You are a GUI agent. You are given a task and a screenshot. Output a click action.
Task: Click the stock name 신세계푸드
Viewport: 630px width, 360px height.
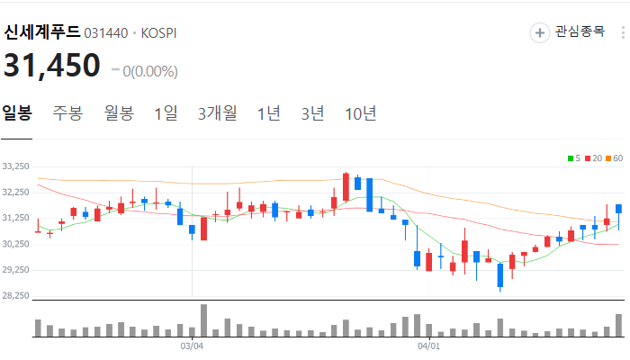pos(41,32)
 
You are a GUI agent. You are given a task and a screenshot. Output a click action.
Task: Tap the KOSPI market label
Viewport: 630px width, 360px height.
pos(157,32)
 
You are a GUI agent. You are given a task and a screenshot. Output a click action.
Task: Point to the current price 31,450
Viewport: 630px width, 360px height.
pos(52,67)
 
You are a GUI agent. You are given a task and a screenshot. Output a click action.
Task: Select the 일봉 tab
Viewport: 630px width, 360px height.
pos(17,113)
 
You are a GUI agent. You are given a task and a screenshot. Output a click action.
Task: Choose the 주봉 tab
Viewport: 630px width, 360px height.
pos(67,113)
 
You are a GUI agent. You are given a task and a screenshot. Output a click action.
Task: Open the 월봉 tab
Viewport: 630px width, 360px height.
pos(119,113)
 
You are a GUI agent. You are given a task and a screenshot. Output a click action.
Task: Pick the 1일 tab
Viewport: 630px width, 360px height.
pos(166,113)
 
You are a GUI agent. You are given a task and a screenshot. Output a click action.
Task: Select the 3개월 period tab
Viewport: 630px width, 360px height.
pos(218,113)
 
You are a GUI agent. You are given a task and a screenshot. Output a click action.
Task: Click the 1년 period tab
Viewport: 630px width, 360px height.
pos(268,113)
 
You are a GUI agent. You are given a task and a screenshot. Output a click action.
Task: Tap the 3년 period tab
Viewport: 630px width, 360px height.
pos(312,113)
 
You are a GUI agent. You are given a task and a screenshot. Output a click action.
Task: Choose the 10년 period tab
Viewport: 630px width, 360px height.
pos(361,113)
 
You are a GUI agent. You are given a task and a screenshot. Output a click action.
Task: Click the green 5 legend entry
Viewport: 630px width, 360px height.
pos(573,158)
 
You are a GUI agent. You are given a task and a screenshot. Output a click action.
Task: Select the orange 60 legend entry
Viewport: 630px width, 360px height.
pos(615,158)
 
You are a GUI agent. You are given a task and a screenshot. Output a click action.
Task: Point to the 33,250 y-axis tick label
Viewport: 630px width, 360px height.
pos(17,167)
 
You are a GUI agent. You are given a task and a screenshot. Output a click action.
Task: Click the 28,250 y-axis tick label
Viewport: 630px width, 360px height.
pos(17,296)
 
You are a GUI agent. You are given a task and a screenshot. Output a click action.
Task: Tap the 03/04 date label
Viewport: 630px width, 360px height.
pos(193,345)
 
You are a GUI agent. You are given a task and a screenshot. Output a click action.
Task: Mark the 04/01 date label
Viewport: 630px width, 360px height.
pos(428,345)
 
